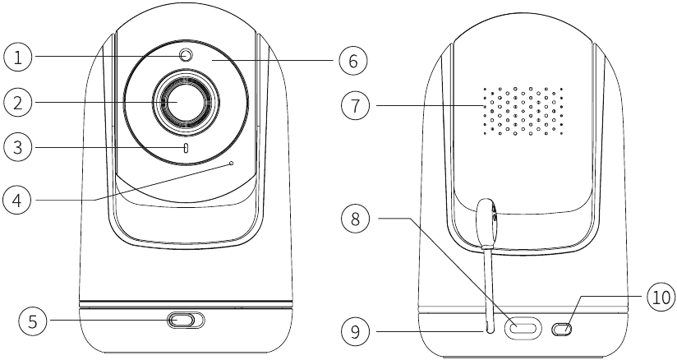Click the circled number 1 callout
coord(18,57)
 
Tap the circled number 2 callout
coord(18,103)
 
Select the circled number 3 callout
coord(18,147)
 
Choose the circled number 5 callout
coord(33,321)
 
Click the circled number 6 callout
coord(352,61)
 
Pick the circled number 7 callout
coord(355,105)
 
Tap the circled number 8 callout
coord(355,219)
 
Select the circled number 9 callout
coord(355,332)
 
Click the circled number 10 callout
coord(661,298)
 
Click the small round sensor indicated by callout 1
coord(186,56)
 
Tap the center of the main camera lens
coord(184,101)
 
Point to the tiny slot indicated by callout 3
coord(186,149)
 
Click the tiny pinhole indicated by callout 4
coord(232,164)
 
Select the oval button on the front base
coord(185,321)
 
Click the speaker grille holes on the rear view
coord(523,111)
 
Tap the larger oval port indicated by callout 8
coord(523,327)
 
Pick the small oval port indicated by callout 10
coord(562,330)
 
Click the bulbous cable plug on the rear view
coord(486,222)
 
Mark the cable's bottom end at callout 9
coord(489,330)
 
